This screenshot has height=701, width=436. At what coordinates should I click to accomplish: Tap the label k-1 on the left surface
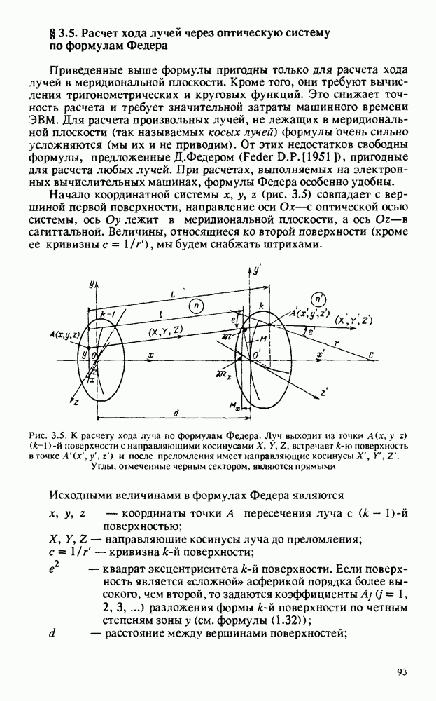(x=107, y=315)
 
